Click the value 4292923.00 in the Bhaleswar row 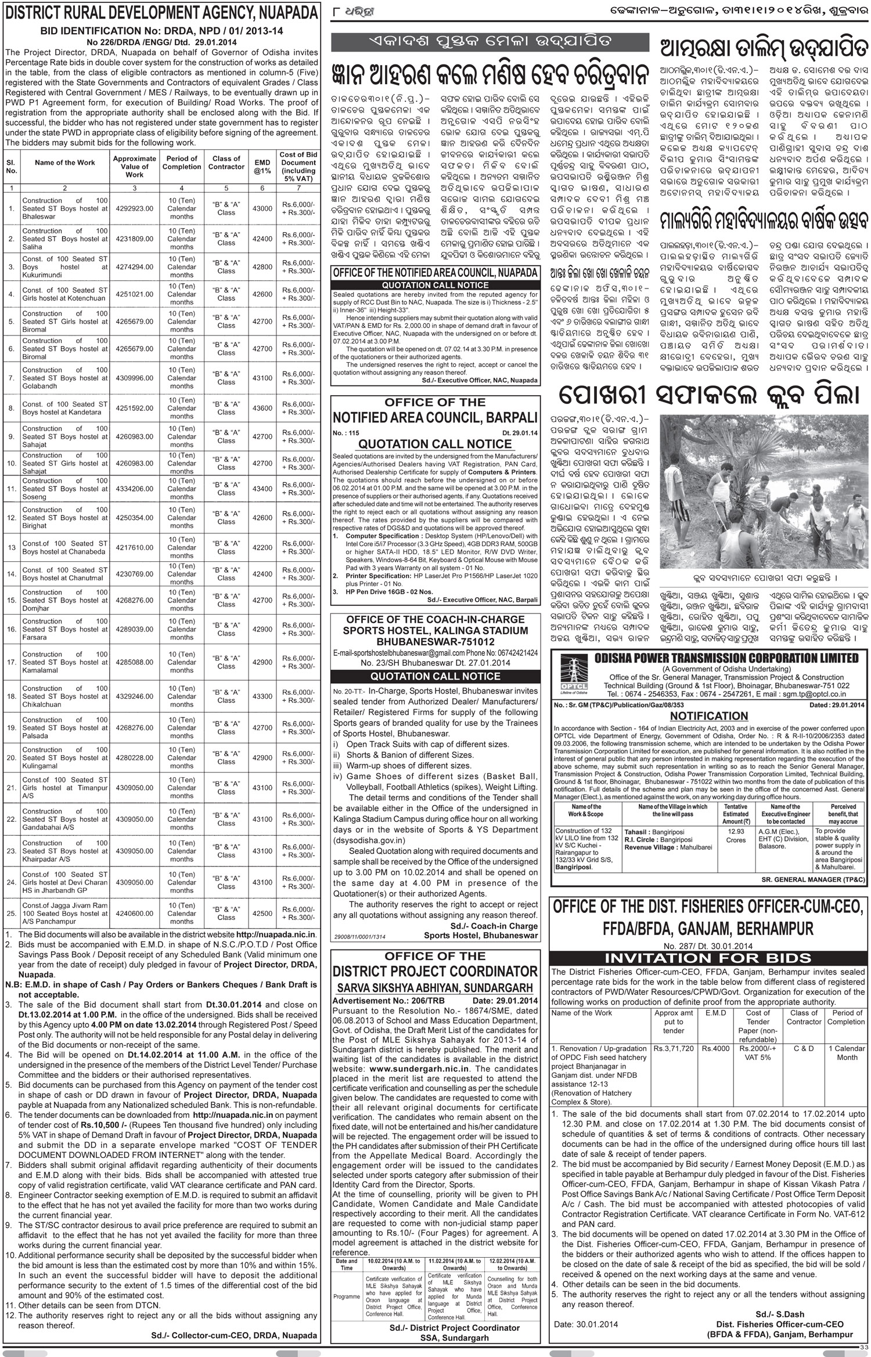(134, 208)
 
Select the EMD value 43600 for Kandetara (263, 408)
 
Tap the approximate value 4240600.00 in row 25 (134, 913)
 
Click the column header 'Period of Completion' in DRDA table (182, 163)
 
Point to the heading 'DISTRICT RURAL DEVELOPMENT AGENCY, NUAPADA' (161, 13)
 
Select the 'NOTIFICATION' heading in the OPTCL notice (709, 716)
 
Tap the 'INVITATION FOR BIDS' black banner (708, 958)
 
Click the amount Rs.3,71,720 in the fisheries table (673, 1049)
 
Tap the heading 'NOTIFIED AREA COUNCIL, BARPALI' (435, 416)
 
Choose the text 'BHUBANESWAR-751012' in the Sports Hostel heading (435, 643)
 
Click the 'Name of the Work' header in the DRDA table (64, 163)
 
